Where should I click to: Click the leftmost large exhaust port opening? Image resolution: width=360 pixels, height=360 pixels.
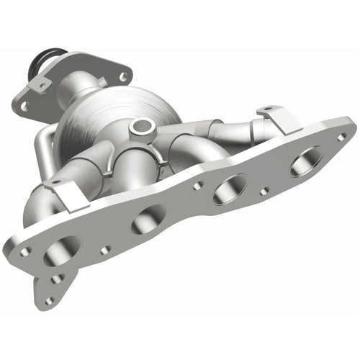61,252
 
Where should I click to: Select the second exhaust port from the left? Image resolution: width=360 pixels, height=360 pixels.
148,220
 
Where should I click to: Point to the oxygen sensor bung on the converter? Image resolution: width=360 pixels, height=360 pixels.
141,129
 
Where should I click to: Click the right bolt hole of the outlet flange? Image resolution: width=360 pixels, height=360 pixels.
123,76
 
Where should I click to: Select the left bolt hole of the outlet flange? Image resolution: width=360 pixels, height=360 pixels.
24,105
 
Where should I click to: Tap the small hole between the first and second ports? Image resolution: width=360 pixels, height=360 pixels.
106,250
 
